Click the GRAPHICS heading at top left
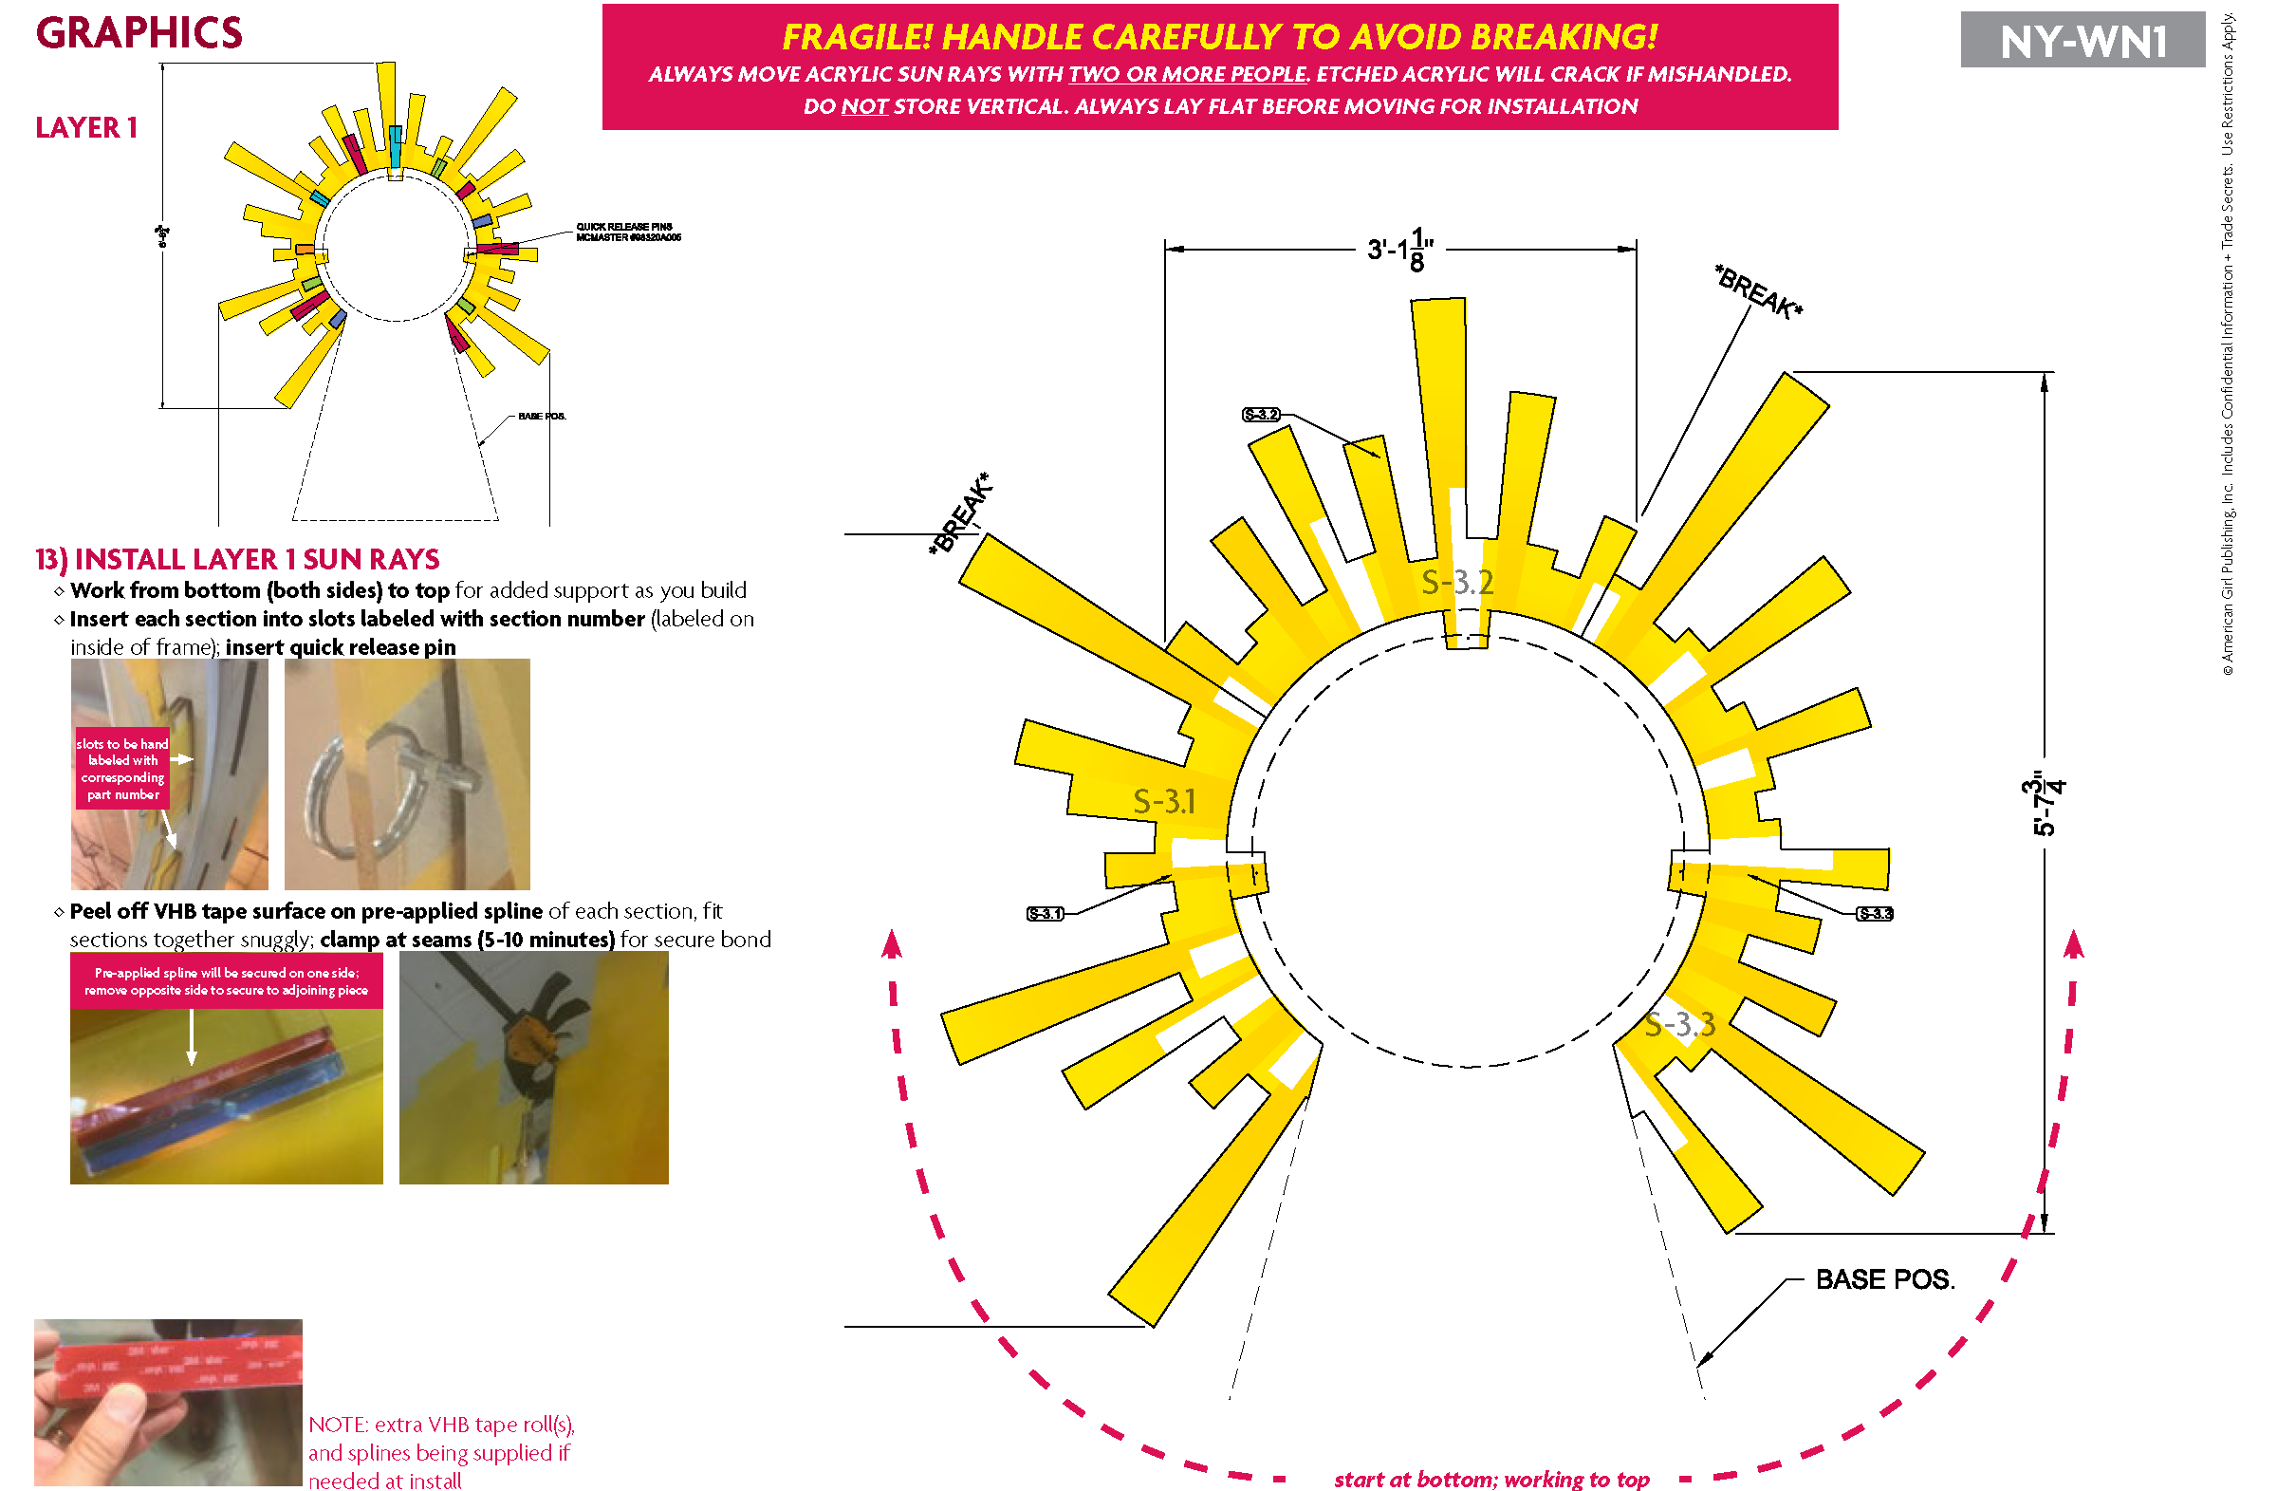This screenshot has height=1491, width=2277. (139, 33)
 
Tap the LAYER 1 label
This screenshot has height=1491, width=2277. (86, 127)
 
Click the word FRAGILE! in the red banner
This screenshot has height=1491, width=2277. (857, 36)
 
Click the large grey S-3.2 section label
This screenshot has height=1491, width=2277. (1456, 582)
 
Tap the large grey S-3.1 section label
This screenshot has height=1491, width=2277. (1163, 801)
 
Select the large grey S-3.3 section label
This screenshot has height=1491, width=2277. (1679, 1025)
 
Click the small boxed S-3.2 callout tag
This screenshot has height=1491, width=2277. (1260, 415)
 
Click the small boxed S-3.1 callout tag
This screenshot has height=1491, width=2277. (1045, 913)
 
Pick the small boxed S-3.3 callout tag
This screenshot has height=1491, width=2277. (1874, 913)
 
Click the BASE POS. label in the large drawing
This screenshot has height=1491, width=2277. (1884, 1279)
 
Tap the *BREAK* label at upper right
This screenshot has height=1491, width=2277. (1757, 292)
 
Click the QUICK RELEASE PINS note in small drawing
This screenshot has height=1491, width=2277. (628, 233)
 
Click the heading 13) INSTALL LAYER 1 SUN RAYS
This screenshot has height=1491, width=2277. (237, 559)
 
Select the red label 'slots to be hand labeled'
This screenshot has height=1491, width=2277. (122, 769)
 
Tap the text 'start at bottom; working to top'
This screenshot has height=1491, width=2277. (1490, 1479)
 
